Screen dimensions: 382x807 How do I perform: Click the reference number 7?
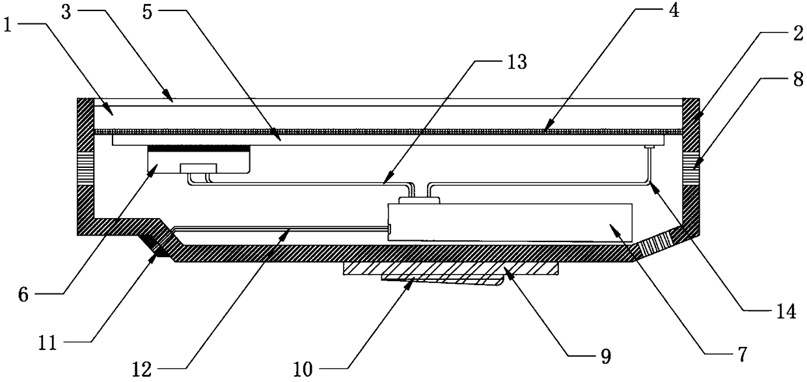(x=741, y=355)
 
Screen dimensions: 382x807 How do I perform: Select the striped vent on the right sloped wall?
(x=658, y=245)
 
